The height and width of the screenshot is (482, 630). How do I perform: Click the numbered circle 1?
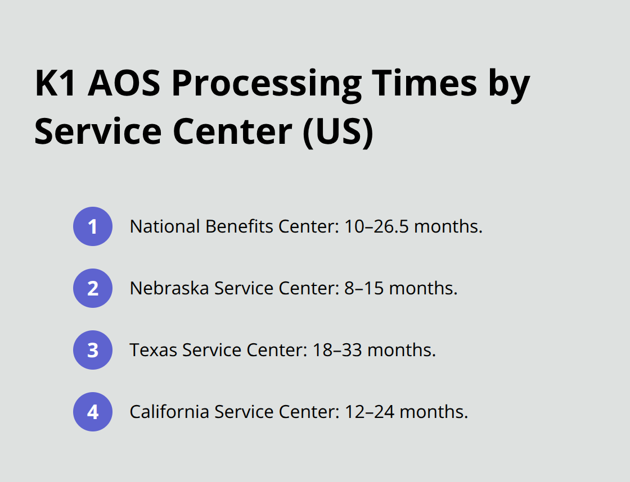coord(93,226)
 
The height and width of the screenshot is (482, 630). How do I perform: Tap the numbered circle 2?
coord(93,288)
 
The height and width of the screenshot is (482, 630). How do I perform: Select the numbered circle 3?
coord(93,350)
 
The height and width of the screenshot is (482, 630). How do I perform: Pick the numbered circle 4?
coord(93,412)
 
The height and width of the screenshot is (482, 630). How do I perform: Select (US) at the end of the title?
coord(337,133)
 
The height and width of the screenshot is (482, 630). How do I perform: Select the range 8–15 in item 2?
coord(364,288)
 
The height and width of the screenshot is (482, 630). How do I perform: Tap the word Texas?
coord(153,350)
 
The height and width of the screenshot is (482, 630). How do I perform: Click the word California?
coord(168,412)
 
